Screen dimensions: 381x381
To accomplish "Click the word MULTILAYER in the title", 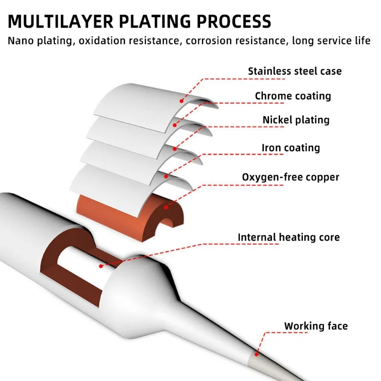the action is tap(61, 21).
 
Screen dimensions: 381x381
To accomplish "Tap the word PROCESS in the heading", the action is tap(234, 21).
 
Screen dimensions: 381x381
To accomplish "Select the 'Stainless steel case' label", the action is tap(295, 71).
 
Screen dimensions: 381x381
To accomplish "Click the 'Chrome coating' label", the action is tap(293, 96).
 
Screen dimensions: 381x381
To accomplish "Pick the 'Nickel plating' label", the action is tap(296, 120).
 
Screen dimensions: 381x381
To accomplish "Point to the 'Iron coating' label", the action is tap(291, 148).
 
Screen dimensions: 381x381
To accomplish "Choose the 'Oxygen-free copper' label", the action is tap(291, 177).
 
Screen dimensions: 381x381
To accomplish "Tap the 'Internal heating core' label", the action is tap(289, 237).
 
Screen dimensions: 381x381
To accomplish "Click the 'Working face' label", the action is tap(316, 326).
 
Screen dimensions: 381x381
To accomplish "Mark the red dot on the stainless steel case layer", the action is tap(181, 101).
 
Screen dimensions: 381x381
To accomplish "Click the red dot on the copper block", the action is tap(166, 207).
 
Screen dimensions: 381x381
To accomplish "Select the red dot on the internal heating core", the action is tap(101, 266).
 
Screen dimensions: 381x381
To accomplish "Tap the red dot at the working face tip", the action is tap(256, 354).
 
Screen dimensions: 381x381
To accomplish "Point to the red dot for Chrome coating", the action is tap(175, 125).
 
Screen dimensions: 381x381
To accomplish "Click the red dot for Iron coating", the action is tap(166, 176).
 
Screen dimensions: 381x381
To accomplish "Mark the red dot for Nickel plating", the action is tap(175, 149).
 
